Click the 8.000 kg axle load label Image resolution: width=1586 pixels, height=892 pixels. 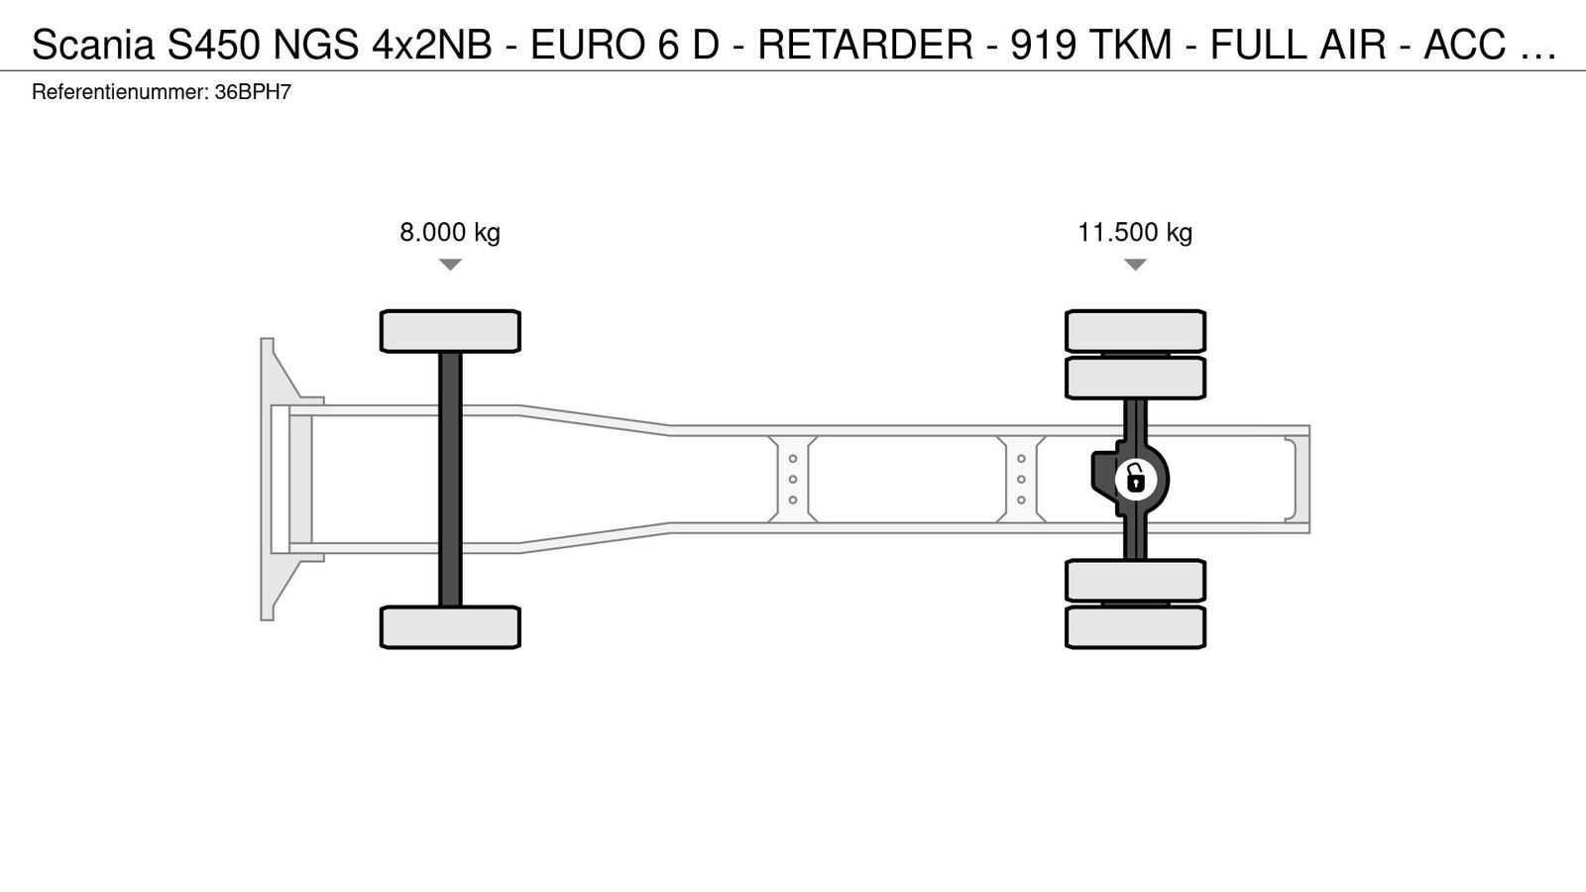coord(450,232)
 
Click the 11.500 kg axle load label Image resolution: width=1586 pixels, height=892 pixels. coord(1135,232)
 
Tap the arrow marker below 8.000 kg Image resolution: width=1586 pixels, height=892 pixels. coord(450,264)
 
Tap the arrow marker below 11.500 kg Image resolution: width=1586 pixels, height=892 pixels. coord(1135,264)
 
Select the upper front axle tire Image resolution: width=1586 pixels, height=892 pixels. coord(450,331)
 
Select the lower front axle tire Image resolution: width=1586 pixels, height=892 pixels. coord(450,627)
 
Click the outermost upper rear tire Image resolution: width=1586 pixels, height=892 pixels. coord(1135,331)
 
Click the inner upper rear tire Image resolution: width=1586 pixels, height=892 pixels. coord(1135,378)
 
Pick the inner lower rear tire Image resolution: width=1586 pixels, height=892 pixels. coord(1135,581)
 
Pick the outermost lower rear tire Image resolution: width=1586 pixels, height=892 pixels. coord(1135,627)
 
